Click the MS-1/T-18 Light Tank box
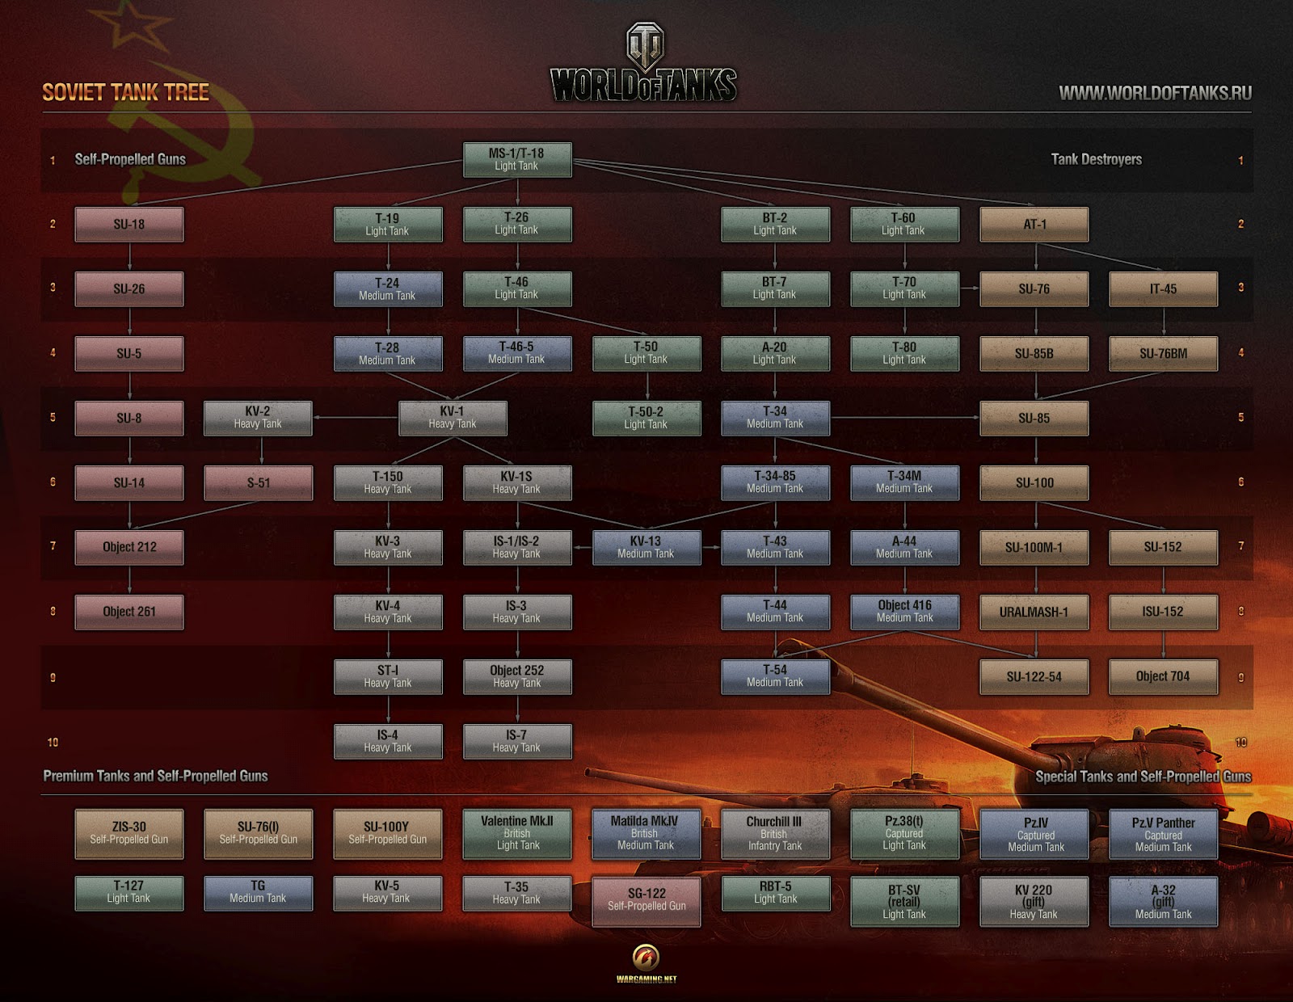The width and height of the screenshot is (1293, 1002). pyautogui.click(x=517, y=159)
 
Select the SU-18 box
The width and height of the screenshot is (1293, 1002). pyautogui.click(x=129, y=225)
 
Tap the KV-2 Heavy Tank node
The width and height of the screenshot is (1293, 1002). pyautogui.click(x=258, y=418)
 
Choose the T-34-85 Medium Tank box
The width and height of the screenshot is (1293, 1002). pyautogui.click(x=775, y=482)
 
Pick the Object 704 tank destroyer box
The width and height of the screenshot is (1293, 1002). pyautogui.click(x=1163, y=676)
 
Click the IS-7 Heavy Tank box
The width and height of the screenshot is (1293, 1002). pyautogui.click(x=517, y=741)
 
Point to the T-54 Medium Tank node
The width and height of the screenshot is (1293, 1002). pyautogui.click(x=775, y=676)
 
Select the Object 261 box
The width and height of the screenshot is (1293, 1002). pyautogui.click(x=129, y=612)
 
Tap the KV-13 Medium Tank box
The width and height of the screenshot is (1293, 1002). pyautogui.click(x=646, y=547)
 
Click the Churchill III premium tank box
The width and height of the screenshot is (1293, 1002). pyautogui.click(x=775, y=834)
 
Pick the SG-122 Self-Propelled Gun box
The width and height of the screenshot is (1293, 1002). pyautogui.click(x=646, y=900)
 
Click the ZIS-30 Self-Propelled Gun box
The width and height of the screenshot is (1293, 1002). pyautogui.click(x=129, y=834)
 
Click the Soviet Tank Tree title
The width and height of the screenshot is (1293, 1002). pyautogui.click(x=125, y=93)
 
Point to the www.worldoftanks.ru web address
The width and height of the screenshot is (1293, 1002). pyautogui.click(x=1155, y=94)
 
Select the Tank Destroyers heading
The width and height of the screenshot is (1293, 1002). pyautogui.click(x=1096, y=160)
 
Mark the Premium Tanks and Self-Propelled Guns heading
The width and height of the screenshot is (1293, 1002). pyautogui.click(x=155, y=777)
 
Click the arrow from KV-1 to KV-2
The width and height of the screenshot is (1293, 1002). pyautogui.click(x=356, y=418)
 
